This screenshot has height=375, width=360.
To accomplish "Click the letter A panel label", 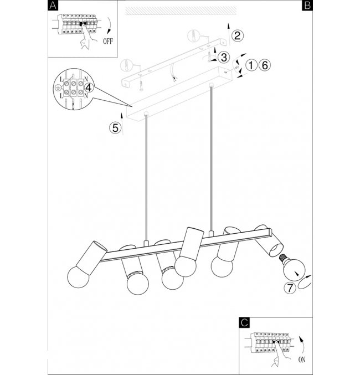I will [x=53, y=6].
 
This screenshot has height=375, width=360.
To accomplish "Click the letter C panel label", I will [x=245, y=321].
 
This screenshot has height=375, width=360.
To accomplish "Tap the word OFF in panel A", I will [x=109, y=41].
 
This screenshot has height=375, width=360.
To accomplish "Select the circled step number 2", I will [x=236, y=36].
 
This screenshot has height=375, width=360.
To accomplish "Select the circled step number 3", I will [x=223, y=57].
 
